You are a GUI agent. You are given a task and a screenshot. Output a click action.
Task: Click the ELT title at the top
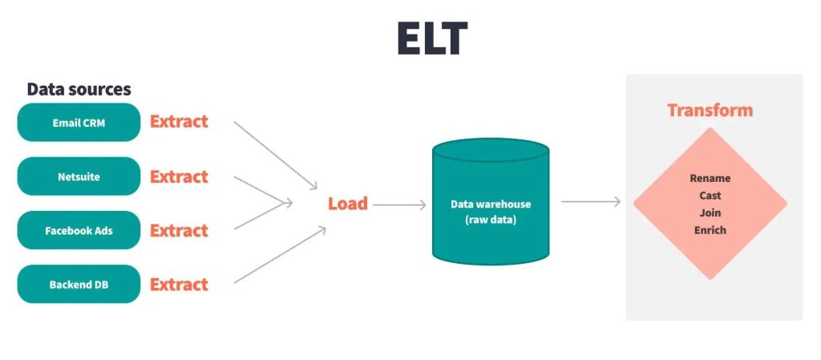432,38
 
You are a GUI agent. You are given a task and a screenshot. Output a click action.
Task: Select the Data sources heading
79,90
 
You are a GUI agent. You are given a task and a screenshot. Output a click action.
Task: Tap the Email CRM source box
79,123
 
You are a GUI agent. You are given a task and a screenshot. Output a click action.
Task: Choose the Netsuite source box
79,176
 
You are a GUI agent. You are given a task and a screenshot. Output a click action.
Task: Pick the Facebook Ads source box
79,231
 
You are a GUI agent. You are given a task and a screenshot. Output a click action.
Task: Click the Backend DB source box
79,285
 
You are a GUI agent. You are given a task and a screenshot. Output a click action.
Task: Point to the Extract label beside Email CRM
179,122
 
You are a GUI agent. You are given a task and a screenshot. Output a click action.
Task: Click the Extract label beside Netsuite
179,176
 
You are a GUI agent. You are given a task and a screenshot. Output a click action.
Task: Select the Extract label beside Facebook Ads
179,231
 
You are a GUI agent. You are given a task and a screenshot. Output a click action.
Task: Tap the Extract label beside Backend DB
179,285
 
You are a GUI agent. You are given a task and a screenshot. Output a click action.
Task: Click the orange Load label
347,204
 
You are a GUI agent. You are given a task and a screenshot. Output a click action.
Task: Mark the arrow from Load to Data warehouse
399,205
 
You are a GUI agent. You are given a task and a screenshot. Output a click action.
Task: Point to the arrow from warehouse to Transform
591,201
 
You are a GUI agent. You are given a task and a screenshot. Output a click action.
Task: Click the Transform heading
710,111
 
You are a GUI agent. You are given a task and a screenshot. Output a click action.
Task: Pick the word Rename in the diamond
710,179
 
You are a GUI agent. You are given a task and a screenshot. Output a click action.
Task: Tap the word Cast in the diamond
710,196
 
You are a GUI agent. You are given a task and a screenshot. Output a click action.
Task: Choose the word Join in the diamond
710,213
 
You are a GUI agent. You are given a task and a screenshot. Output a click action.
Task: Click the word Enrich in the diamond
710,230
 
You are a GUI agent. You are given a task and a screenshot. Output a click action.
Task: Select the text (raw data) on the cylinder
490,220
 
